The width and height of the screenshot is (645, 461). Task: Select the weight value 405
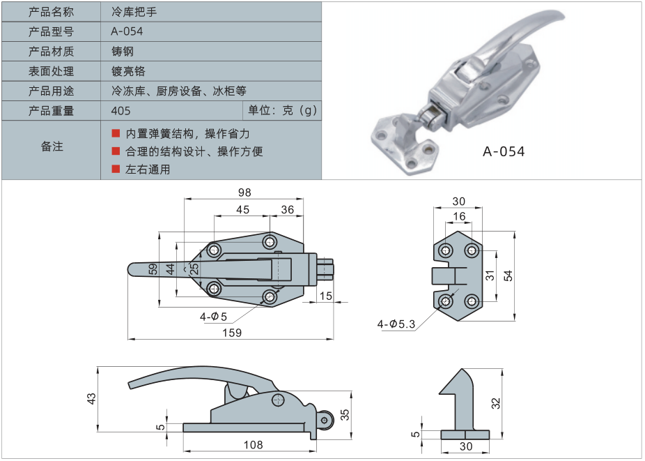tap(121, 110)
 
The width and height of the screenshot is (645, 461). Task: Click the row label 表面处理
tap(51, 71)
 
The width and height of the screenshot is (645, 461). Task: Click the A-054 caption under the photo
tap(504, 151)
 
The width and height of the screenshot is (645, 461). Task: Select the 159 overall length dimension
tap(232, 333)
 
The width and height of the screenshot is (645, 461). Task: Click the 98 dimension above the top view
tap(244, 192)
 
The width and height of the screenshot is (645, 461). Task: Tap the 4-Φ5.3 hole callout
tap(396, 324)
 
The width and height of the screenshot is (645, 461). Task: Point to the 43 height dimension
tap(91, 398)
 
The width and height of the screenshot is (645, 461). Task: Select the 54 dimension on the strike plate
tap(508, 276)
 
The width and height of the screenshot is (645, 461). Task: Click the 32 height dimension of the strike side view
tap(495, 403)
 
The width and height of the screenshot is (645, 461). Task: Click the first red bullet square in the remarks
tap(116, 133)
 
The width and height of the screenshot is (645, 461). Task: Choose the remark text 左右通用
tap(148, 169)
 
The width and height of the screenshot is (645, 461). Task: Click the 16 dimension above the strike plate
tap(459, 217)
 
